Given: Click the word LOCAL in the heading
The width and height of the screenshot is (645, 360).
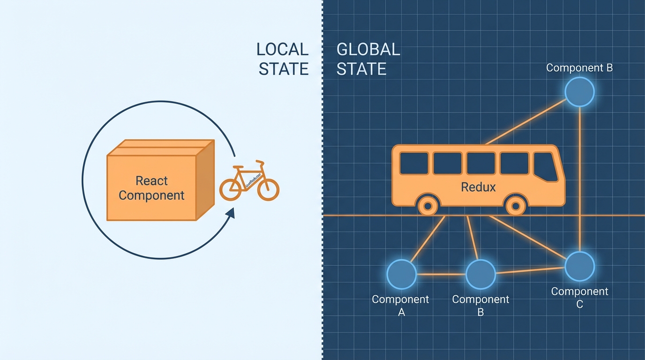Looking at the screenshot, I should coord(282,49).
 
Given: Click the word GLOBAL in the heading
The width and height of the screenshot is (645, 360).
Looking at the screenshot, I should coord(368,49).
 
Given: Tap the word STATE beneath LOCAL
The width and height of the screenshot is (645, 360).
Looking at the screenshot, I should coord(284,69).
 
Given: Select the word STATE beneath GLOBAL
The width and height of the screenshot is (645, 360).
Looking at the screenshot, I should coord(361,69).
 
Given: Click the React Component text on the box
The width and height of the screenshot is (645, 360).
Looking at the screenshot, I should coord(151,187).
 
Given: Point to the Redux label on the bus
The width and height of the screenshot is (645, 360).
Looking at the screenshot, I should coord(478,187).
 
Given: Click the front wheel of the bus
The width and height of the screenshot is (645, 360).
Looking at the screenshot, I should coord(516,205).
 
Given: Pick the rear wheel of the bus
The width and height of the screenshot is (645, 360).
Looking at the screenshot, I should coord(427,205).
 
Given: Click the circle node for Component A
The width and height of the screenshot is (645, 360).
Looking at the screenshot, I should coord(402,274).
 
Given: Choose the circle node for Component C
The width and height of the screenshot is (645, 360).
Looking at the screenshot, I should coord(580,266).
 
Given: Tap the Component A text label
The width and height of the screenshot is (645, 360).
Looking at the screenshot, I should coord(400,305).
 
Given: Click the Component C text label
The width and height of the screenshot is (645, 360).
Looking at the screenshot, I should coord(580,297).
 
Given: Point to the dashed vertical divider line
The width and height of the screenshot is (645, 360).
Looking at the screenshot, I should coord(322,187).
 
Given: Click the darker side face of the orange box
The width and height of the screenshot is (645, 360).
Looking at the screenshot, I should coord(205,180).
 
